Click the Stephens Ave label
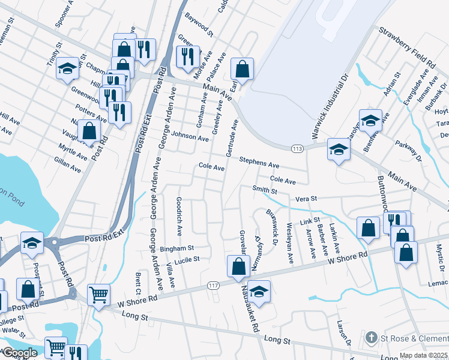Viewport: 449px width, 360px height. click(259, 162)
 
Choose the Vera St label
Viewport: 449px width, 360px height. click(305, 198)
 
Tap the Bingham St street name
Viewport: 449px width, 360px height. click(177, 247)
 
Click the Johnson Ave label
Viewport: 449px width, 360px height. click(190, 137)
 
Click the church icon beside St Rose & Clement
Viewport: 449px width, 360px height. click(372, 338)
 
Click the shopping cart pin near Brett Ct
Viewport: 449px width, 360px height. click(98, 294)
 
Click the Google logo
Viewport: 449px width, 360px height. click(20, 353)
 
